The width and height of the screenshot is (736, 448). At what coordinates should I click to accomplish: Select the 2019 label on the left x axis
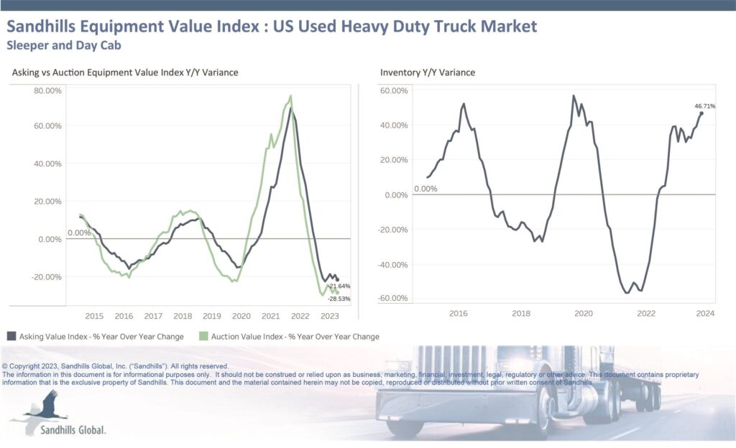[x=211, y=316]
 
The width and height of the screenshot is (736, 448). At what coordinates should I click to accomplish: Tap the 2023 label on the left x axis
[x=329, y=316]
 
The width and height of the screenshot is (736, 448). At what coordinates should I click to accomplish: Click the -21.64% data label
[x=339, y=286]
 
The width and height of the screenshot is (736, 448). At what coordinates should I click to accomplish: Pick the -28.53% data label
[x=339, y=297]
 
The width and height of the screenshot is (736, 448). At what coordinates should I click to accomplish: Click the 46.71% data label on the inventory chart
[x=704, y=106]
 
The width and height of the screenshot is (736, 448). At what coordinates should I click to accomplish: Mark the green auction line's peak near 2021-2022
[x=290, y=96]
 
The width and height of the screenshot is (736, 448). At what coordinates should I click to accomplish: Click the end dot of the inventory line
[x=701, y=113]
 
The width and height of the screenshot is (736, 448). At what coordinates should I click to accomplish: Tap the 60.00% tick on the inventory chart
[x=394, y=91]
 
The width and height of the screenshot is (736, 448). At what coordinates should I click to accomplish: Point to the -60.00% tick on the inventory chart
[x=394, y=299]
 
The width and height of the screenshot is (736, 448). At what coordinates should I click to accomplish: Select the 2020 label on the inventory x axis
[x=584, y=314]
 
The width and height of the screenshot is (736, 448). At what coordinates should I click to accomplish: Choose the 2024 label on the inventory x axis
[x=704, y=314]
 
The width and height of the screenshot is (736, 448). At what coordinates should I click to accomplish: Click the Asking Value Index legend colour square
[x=11, y=336]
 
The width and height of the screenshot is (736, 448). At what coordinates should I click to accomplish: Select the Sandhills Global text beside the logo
[x=75, y=429]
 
